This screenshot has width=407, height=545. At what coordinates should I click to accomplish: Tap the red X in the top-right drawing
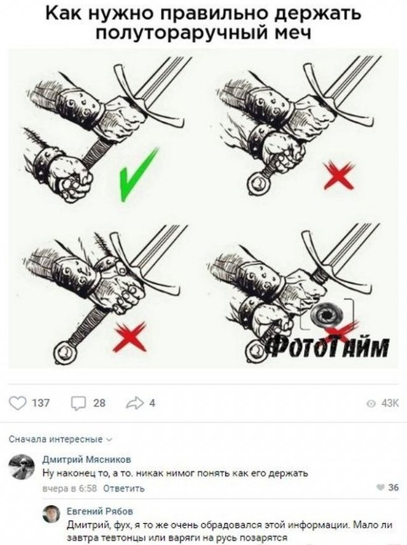pyautogui.click(x=338, y=176)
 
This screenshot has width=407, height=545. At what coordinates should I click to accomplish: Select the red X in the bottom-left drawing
pyautogui.click(x=129, y=336)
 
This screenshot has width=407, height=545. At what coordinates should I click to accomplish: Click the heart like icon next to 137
pyautogui.click(x=17, y=403)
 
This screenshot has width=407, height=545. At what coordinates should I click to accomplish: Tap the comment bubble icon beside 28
pyautogui.click(x=78, y=403)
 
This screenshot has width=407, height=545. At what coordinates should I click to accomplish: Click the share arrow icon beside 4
pyautogui.click(x=135, y=403)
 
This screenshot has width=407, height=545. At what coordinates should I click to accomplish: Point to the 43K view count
pyautogui.click(x=389, y=403)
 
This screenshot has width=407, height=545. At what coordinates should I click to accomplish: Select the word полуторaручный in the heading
pyautogui.click(x=182, y=33)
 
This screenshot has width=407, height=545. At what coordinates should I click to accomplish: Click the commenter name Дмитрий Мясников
pyautogui.click(x=86, y=459)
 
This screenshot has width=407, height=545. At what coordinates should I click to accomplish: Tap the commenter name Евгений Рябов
pyautogui.click(x=100, y=511)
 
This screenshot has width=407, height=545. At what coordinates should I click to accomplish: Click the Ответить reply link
pyautogui.click(x=124, y=488)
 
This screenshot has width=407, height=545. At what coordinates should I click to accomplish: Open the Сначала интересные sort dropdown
pyautogui.click(x=60, y=440)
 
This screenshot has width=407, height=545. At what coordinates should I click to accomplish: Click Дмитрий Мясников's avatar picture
pyautogui.click(x=22, y=466)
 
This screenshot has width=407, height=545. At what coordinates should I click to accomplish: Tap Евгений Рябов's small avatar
pyautogui.click(x=51, y=514)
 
